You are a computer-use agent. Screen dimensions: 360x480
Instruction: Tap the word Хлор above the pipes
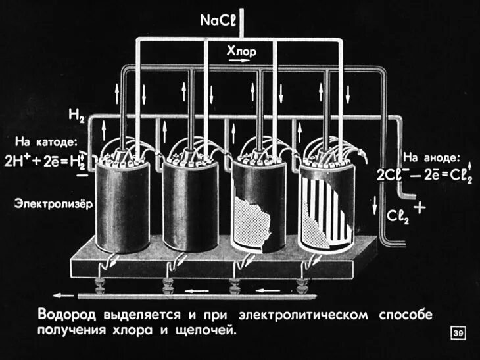coord(241,51)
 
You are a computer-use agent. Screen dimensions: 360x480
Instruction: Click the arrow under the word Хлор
coord(241,61)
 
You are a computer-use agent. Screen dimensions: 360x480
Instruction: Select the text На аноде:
coord(432,157)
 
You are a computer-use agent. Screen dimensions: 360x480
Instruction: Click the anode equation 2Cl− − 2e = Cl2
coord(424,176)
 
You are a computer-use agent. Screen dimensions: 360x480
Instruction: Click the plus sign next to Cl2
coord(419,207)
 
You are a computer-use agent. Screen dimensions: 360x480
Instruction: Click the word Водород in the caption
coord(63,315)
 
